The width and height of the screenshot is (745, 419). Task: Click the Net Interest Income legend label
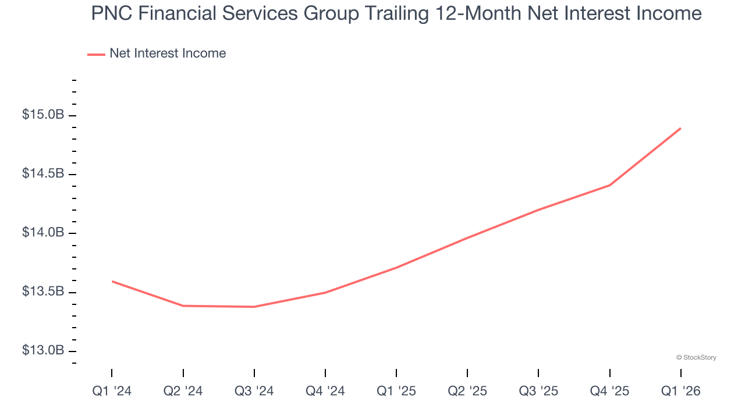coord(168,54)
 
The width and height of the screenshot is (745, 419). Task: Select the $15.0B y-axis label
coord(43,115)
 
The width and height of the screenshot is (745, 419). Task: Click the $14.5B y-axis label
coord(43,174)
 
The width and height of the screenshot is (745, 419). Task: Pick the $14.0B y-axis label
coord(43,233)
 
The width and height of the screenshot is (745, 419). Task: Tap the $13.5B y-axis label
coord(43,292)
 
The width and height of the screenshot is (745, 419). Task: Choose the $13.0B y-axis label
coord(43,350)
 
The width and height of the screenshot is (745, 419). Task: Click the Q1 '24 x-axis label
coord(112,391)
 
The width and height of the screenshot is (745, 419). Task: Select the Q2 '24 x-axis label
coord(183,391)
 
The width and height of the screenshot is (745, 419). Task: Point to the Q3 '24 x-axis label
coord(254,391)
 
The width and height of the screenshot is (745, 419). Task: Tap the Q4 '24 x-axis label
coord(325,391)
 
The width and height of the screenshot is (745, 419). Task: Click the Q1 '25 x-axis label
coord(396,391)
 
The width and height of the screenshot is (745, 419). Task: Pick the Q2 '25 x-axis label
coord(467,391)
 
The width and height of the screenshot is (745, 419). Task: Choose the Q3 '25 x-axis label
coord(538,391)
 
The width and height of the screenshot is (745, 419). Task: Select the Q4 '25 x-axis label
coord(609,391)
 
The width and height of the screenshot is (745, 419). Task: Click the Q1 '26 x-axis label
coord(680,391)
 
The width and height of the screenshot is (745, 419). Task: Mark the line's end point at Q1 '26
coord(680,129)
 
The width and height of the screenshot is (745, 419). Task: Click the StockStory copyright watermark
coord(696,357)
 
